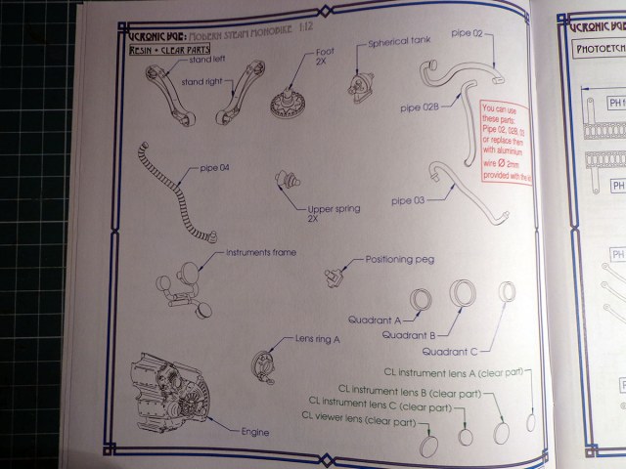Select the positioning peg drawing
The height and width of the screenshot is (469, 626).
(335, 275)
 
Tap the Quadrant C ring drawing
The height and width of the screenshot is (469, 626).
(507, 294)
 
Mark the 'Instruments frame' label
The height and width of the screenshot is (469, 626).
(261, 252)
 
